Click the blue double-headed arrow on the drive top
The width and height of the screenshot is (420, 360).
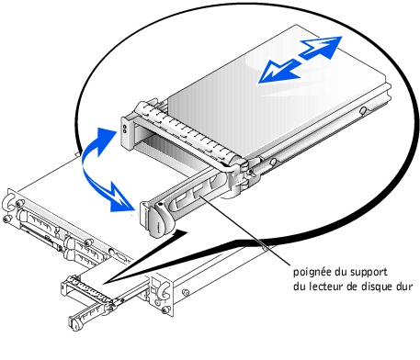(300, 60)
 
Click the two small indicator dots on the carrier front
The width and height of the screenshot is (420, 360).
(125, 129)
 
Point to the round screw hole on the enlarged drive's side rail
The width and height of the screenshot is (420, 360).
(363, 110)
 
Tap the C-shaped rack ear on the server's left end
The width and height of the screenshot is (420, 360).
(8, 203)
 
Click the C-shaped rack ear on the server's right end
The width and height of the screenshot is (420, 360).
(164, 291)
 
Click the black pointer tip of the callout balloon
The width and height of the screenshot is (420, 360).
(104, 283)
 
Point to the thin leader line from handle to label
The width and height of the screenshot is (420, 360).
(244, 231)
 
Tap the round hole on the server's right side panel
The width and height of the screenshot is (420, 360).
(185, 292)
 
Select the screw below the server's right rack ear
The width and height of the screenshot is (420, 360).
(165, 310)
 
